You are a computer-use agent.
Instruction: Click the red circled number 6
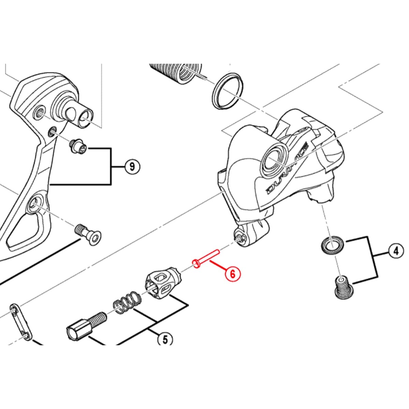(x=232, y=274)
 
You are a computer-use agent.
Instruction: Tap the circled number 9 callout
(x=132, y=167)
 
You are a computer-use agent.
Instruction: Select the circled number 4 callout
(x=396, y=252)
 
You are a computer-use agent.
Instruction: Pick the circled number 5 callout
(x=165, y=339)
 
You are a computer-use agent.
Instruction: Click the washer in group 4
(x=331, y=244)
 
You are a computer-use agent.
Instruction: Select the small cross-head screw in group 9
(x=78, y=147)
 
